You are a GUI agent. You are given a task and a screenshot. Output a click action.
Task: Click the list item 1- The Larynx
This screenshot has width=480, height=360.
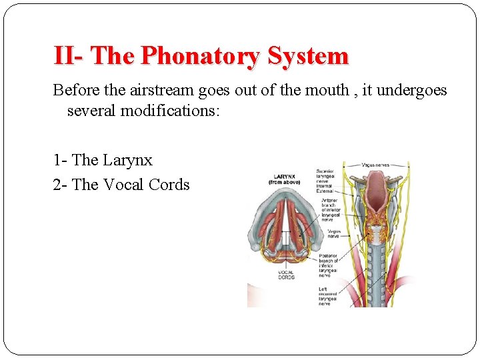pos(103,160)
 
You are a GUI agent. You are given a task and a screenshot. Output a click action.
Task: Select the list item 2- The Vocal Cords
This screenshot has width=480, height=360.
pos(121,185)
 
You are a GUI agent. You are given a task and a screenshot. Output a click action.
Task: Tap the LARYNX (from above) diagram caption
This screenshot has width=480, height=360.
pos(284,178)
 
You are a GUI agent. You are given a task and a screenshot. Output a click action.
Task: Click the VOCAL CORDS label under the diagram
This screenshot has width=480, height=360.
pos(287,275)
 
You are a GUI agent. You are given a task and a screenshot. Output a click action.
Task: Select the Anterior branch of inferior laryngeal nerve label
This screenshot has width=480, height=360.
pos(329,211)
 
